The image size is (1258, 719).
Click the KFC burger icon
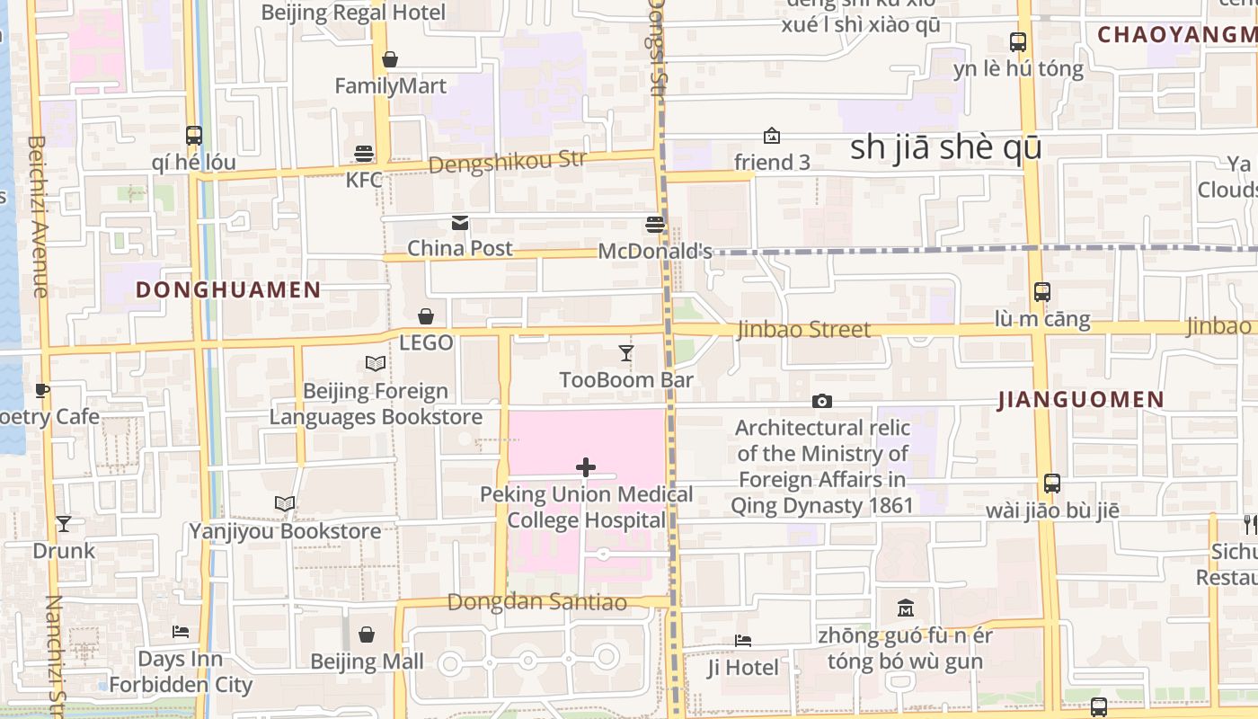coord(364,154)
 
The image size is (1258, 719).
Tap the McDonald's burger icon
coord(655,225)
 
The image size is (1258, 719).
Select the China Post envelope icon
coord(460,223)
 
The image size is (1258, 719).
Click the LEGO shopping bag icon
coord(426,316)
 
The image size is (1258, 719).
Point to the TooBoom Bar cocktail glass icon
coord(626,353)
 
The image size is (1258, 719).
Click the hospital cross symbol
coord(586,467)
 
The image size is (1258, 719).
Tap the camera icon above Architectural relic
coord(821,401)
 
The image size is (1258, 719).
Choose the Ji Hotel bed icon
coord(743,641)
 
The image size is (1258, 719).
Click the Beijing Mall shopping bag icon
coord(367,635)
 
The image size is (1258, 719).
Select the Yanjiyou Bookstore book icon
coord(285,504)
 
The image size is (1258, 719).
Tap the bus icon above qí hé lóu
coord(194,136)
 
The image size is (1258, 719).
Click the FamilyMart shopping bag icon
coord(390,60)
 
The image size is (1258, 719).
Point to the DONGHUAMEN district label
coord(228,289)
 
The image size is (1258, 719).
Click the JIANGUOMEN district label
coord(1081,400)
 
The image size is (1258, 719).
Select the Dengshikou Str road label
coord(507,163)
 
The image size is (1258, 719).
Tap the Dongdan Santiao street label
coord(536,602)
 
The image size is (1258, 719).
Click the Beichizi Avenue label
coord(38,216)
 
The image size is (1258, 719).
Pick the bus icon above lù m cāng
coord(1042,292)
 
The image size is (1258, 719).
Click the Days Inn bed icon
coord(181,632)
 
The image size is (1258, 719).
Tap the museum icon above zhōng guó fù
coord(906,608)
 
